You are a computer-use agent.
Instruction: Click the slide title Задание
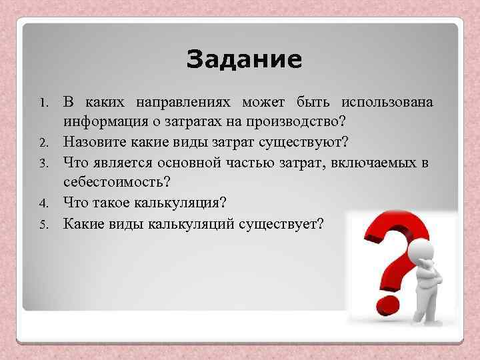(244, 60)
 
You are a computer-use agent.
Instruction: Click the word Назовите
(93, 143)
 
